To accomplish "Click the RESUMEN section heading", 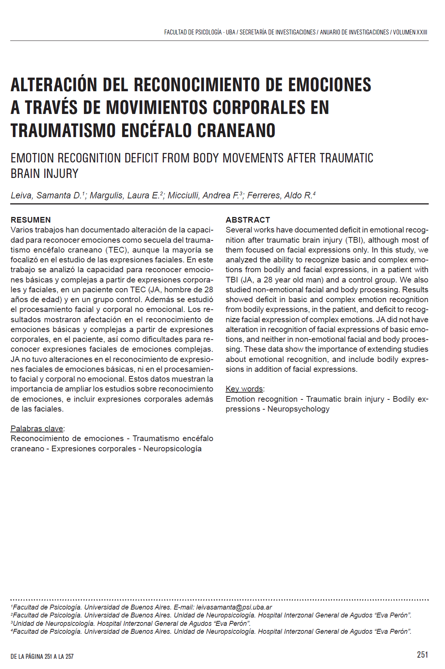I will (31, 220).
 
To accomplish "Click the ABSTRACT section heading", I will (248, 220).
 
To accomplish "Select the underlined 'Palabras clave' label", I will (37, 429).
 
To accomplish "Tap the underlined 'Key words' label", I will (244, 389).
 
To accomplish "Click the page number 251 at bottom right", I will (422, 655).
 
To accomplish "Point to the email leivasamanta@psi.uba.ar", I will (234, 607).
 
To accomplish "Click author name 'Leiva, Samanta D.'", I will (46, 195).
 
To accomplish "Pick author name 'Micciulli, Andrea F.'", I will (203, 195).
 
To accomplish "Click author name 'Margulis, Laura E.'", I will (124, 195).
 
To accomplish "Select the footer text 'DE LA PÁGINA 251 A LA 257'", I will (42, 656).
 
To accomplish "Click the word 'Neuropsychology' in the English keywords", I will (298, 409).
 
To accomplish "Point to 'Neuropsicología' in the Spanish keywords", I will (172, 449).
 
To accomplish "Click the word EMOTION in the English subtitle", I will (33, 158).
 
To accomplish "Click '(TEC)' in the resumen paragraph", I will (117, 250).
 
